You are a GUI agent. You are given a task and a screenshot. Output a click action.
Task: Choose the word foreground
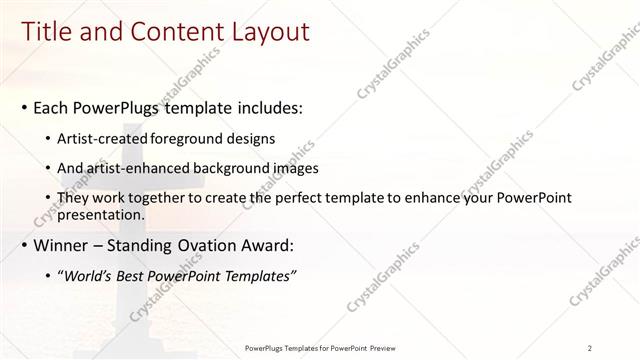pyautogui.click(x=189, y=138)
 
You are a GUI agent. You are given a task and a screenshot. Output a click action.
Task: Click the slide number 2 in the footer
pyautogui.click(x=589, y=348)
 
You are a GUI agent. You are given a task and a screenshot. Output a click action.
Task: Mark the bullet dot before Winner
pyautogui.click(x=23, y=246)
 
